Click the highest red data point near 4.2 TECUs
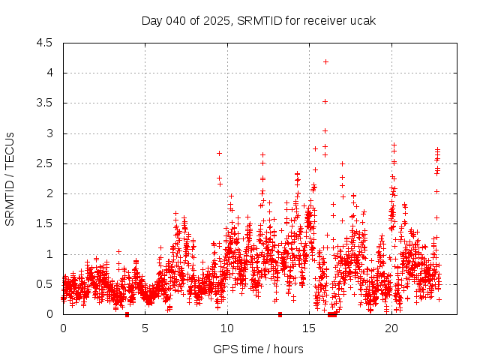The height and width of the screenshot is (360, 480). pos(325,61)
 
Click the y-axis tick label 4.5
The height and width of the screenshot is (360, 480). pos(45,43)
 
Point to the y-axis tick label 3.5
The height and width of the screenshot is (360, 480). pos(45,103)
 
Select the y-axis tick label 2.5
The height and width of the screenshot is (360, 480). pos(45,163)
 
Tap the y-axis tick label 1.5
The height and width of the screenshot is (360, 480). pos(45,223)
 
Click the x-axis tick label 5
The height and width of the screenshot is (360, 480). pos(145,328)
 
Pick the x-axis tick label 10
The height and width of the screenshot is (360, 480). pos(227,328)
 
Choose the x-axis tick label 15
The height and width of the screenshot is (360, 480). pos(309,328)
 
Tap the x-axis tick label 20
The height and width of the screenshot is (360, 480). pos(391,328)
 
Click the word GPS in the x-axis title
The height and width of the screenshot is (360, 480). pos(223,349)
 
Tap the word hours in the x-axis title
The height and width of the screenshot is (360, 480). pos(289,349)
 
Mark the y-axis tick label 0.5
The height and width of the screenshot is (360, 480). pos(45,284)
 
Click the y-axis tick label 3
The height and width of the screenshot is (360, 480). pos(49,133)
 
